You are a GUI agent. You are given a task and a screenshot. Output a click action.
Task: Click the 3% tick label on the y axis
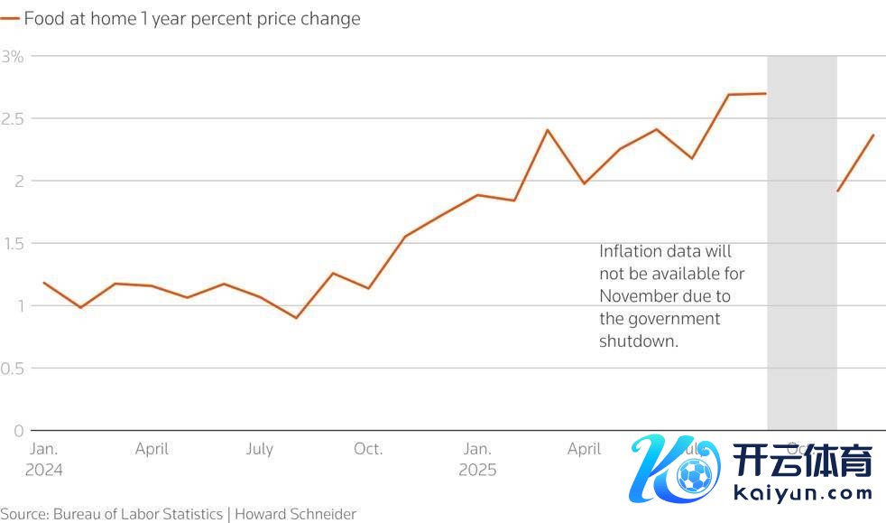coord(12,56)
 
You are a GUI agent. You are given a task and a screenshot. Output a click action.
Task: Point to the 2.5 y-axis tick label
coord(13,118)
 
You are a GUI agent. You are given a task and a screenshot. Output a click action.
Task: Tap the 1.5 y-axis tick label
coord(13,243)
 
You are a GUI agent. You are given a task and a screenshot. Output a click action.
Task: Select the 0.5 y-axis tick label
coord(13,368)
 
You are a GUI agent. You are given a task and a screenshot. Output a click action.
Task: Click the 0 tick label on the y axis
coord(18,431)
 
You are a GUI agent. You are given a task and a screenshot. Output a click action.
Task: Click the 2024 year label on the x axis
coord(44,471)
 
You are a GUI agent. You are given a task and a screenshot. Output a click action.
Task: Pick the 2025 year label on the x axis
coord(477,471)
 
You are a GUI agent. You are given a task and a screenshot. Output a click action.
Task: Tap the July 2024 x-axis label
coord(260,449)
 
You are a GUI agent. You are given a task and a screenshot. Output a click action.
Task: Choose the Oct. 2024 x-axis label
coord(368,449)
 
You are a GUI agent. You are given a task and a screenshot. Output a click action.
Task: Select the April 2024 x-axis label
coord(152,449)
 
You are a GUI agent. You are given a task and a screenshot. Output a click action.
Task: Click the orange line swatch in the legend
coord(10,19)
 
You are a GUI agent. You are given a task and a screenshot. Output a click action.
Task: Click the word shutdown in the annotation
coord(637,342)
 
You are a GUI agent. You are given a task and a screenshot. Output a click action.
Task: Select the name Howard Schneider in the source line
coord(296,514)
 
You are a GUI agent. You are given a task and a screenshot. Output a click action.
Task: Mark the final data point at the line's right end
coord(873,135)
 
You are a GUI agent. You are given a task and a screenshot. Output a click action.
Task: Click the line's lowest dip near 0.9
coord(296,318)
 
